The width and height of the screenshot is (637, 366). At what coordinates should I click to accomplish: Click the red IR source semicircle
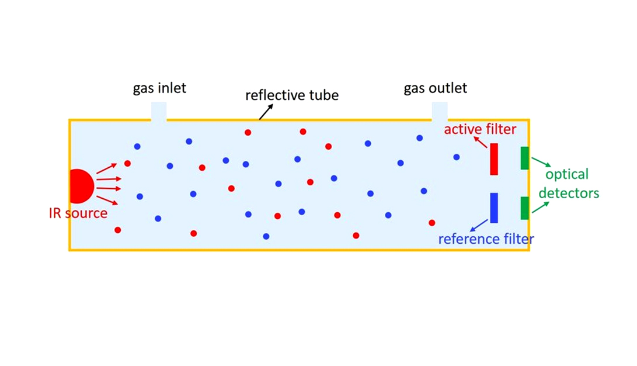point(80,186)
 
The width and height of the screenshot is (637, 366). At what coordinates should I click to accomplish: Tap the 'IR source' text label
point(78,213)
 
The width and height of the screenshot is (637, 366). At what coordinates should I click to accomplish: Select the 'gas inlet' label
point(159,89)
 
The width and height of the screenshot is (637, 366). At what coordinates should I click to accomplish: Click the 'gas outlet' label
point(436,89)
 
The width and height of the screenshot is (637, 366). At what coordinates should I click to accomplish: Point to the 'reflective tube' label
point(292,95)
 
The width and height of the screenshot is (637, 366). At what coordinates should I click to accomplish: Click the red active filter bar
point(494,159)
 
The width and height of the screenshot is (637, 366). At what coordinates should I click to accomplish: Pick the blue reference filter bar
point(494,208)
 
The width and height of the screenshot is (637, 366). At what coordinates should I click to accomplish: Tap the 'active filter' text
point(480,129)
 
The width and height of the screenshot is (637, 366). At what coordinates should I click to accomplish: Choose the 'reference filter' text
point(486,239)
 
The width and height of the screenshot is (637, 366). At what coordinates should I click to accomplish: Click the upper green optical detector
point(525,158)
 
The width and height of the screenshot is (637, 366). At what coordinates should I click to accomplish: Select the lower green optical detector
point(525,208)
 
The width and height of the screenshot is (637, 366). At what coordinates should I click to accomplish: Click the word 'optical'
point(567,174)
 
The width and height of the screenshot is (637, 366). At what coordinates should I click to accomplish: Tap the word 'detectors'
point(569,192)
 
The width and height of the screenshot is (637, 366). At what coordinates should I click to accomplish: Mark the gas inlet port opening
point(159,112)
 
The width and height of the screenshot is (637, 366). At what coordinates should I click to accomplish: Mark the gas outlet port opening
point(440,112)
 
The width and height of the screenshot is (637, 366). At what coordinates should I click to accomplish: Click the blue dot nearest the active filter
point(457,157)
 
